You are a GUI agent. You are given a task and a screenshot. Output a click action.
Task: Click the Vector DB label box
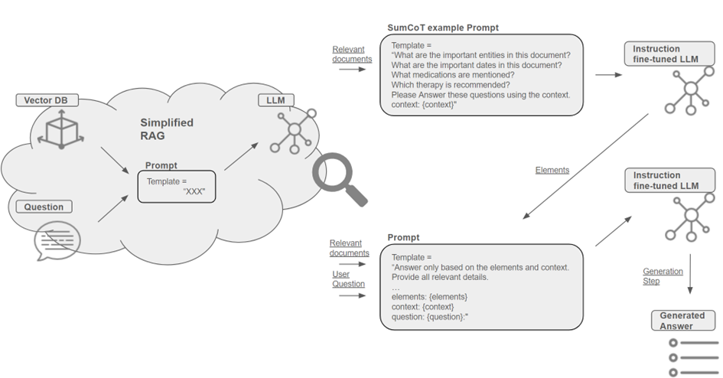pos(47,100)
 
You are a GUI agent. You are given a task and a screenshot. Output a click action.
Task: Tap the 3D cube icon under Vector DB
pos(61,129)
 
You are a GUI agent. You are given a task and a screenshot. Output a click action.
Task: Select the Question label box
pos(44,207)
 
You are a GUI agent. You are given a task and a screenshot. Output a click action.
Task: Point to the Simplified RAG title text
pos(167,129)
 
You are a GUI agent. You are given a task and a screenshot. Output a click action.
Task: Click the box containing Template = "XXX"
pos(177,187)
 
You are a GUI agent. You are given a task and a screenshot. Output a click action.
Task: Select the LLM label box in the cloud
pos(275,100)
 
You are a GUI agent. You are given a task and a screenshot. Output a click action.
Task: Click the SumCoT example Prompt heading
pos(443,28)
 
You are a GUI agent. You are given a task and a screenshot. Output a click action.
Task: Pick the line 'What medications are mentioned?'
pos(453,75)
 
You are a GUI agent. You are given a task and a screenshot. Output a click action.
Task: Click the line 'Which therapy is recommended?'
pos(451,85)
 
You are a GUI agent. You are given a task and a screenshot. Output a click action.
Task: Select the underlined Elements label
pos(552,170)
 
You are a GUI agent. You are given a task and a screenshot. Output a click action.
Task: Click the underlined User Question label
pos(348,279)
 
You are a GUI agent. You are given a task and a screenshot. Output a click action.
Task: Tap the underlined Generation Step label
pos(663,276)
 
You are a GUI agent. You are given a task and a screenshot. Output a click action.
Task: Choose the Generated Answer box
pos(683,321)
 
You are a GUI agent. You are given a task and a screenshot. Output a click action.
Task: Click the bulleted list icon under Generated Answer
pos(693,357)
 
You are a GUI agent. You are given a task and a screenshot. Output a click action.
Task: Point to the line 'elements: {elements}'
pos(429,297)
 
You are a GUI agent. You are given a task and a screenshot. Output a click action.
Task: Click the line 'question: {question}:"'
pos(430,317)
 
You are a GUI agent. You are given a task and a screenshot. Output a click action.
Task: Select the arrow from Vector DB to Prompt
pos(115,161)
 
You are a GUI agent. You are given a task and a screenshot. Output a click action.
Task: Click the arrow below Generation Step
pos(690,274)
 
